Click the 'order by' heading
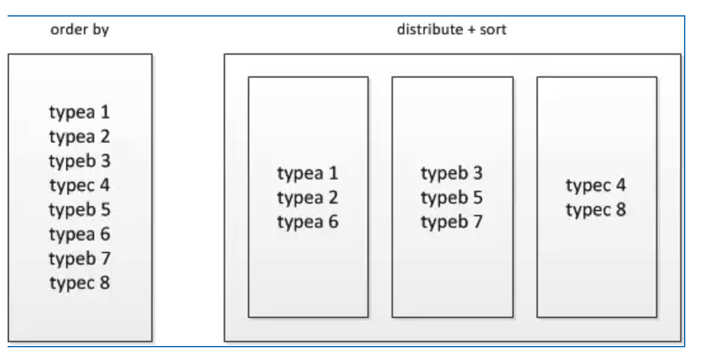pos(79,31)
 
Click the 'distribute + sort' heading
pos(452,31)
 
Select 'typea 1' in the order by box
pos(79,113)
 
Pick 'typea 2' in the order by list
pos(79,137)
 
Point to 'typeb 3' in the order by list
pos(79,161)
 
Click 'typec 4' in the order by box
pos(79,185)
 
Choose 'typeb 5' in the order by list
pos(79,209)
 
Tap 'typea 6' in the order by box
pos(79,234)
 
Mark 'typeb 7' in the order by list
pos(79,258)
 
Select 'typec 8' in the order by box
pos(79,282)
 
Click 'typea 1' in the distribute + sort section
pos(308,173)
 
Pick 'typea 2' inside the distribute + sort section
pos(308,197)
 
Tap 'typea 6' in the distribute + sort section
pos(308,222)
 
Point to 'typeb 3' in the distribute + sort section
pos(451,173)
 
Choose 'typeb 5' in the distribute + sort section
pos(451,197)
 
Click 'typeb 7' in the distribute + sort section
pos(451,222)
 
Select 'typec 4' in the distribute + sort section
pos(596,185)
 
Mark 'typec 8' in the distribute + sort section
pos(596,209)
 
